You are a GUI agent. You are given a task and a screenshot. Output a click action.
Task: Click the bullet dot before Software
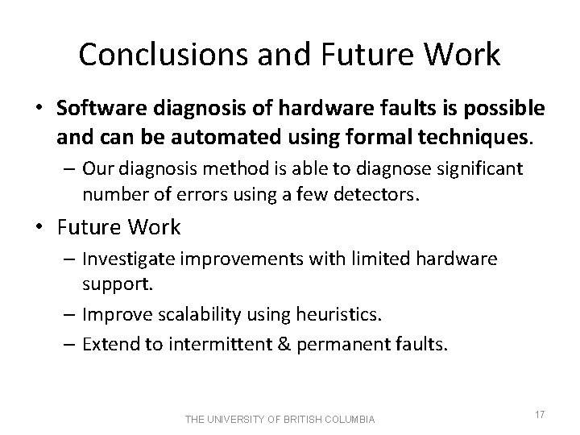tap(40, 109)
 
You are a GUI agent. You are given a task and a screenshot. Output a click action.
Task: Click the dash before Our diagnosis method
tap(67, 169)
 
